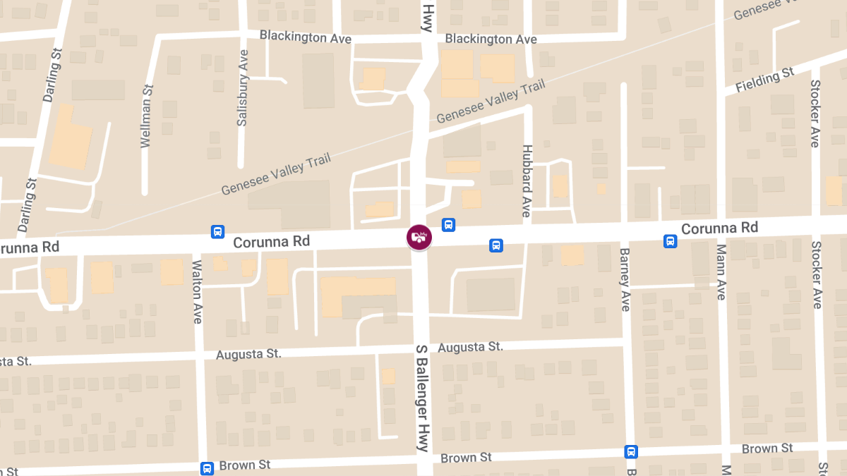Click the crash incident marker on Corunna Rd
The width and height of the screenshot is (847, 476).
[x=419, y=236]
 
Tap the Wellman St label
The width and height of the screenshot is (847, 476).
[x=147, y=116]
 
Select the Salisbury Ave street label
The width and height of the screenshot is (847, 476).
[x=243, y=88]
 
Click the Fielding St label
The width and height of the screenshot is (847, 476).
[x=764, y=80]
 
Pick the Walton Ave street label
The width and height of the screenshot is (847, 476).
[x=198, y=292]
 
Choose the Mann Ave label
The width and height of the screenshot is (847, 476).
[x=721, y=272]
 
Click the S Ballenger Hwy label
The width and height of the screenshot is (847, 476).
[x=422, y=398]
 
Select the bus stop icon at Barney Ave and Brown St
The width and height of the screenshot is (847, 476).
[x=631, y=452]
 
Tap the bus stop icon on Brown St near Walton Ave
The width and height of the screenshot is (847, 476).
[x=207, y=468]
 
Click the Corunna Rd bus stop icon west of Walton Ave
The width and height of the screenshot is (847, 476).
[x=218, y=231]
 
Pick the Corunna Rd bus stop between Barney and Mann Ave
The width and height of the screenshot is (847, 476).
[x=670, y=241]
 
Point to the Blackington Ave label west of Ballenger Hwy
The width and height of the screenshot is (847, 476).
[x=305, y=36]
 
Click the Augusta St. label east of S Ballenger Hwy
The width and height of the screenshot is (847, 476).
[x=470, y=347]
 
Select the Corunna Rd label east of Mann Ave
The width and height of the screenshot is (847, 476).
[x=719, y=228]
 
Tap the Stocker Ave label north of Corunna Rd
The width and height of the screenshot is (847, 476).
[x=815, y=113]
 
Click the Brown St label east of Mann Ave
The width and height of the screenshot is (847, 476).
[x=767, y=448]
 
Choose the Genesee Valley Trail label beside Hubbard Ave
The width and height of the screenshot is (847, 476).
[x=491, y=102]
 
